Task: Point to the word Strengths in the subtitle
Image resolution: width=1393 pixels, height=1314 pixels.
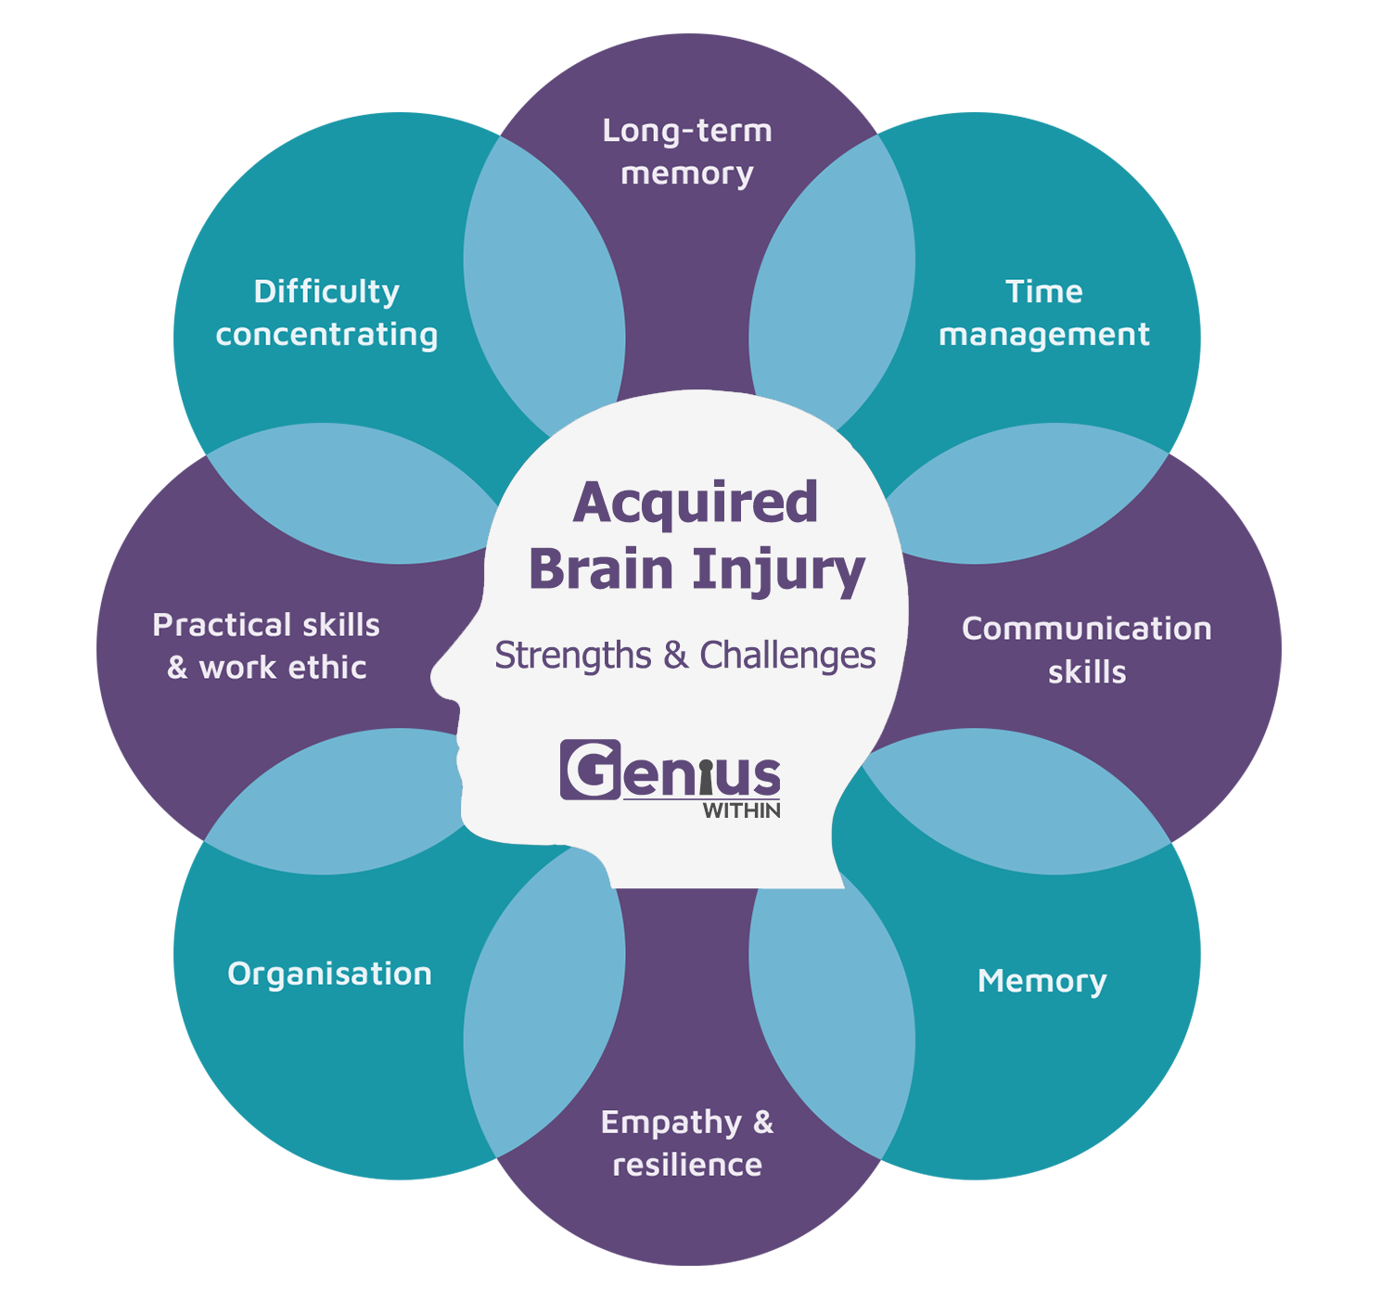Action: click(573, 656)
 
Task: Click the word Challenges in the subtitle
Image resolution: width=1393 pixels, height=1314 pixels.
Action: click(787, 656)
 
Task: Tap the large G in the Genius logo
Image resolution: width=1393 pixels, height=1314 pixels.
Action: click(591, 770)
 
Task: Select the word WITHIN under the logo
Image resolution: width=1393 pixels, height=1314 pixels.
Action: click(742, 810)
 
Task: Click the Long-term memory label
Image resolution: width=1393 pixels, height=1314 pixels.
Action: click(687, 152)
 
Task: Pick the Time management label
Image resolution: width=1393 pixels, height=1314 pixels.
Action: click(1044, 313)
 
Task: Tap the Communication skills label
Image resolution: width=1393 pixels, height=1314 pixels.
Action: click(1087, 650)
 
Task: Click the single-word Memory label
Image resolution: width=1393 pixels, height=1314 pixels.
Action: click(1042, 981)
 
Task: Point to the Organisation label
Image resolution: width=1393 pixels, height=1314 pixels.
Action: click(329, 976)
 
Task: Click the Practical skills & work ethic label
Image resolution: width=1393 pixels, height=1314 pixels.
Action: click(266, 646)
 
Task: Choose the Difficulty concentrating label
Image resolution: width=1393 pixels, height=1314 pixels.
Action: click(326, 313)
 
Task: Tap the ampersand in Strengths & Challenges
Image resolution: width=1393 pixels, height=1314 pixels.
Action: click(675, 656)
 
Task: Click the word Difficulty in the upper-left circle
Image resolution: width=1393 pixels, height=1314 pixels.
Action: click(326, 292)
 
